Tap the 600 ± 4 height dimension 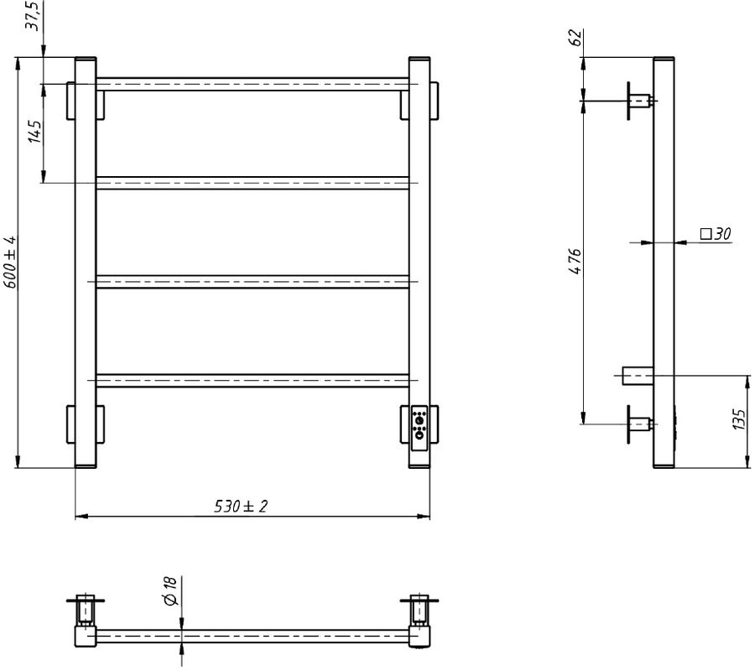[10, 262]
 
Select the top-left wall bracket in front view [85, 101]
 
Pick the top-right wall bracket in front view [419, 101]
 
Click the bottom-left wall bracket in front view [85, 424]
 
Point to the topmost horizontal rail [252, 84]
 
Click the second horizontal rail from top [252, 183]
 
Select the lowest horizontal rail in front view [252, 380]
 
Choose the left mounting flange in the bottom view [85, 601]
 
